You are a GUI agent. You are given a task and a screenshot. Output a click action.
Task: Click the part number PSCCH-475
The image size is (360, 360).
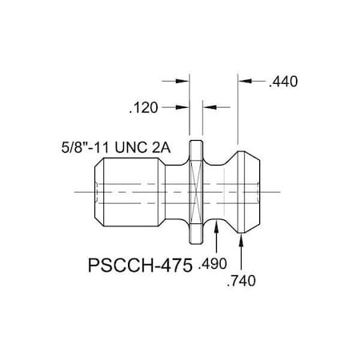pyautogui.click(x=137, y=263)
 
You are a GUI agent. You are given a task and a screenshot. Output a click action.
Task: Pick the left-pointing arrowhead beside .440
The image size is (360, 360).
pyautogui.click(x=250, y=81)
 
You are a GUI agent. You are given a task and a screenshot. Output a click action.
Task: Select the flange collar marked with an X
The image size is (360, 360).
pyautogui.click(x=196, y=192)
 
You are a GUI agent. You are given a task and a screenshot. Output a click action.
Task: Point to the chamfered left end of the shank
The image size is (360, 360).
pyautogui.click(x=98, y=192)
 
